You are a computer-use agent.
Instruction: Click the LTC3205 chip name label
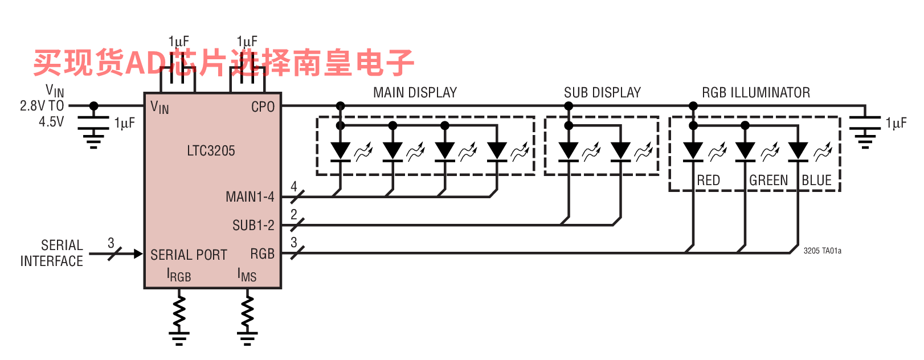(x=211, y=151)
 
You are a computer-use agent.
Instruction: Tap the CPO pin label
(x=263, y=107)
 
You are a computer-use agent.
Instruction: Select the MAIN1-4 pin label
(x=250, y=197)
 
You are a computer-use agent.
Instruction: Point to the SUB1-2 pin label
(x=254, y=225)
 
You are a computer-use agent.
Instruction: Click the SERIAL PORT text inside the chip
(x=189, y=255)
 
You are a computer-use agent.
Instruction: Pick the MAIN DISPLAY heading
(x=415, y=92)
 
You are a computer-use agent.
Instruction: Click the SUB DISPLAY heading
(x=602, y=92)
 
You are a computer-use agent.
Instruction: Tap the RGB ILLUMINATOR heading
(x=756, y=92)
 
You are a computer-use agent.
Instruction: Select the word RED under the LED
(x=708, y=180)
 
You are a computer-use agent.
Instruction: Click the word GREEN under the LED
(x=768, y=180)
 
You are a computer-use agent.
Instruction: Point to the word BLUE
(x=816, y=180)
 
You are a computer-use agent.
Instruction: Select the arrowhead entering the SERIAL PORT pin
(x=138, y=253)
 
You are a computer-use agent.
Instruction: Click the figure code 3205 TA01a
(x=822, y=251)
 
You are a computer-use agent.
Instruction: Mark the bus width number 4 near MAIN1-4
(x=294, y=186)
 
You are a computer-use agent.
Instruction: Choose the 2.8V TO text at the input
(x=42, y=106)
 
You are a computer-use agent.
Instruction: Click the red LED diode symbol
(x=693, y=152)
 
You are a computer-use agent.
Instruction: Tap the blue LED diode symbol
(x=798, y=152)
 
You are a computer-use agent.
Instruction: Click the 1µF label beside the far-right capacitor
(x=896, y=123)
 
